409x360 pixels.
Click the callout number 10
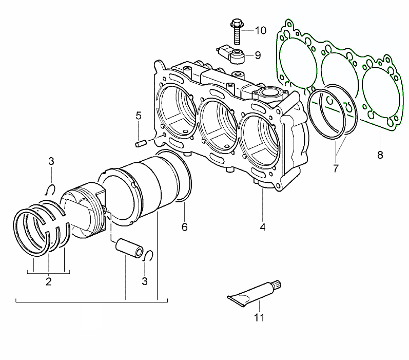(x=260, y=30)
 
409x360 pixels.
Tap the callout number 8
(x=380, y=155)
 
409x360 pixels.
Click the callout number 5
(x=139, y=115)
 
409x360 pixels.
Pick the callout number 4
(x=262, y=226)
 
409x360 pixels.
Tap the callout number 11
(x=259, y=317)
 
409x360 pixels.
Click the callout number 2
(x=49, y=281)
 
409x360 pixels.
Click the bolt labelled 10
(x=238, y=31)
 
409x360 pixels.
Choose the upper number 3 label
(x=51, y=162)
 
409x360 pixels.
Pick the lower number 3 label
(x=145, y=281)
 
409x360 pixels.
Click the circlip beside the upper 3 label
(x=50, y=188)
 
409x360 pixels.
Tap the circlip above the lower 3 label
(x=147, y=256)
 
